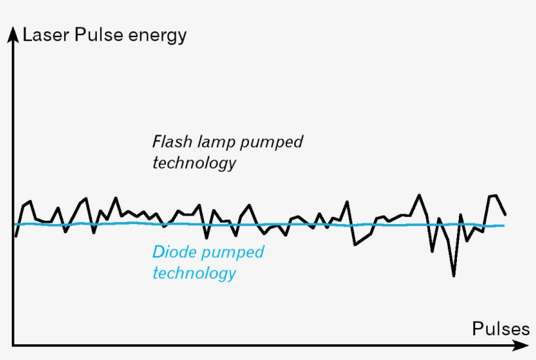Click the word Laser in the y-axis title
(46, 35)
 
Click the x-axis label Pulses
(501, 329)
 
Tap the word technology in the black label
(193, 163)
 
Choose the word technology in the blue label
(193, 272)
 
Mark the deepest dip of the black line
(453, 275)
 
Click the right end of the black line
(505, 214)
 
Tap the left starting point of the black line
(16, 235)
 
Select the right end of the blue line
(504, 225)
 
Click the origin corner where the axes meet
(12, 344)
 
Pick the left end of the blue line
(14, 224)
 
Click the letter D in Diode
(158, 252)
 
